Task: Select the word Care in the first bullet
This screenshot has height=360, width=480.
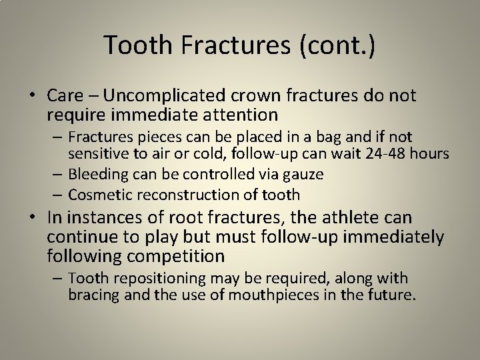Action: click(65, 96)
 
